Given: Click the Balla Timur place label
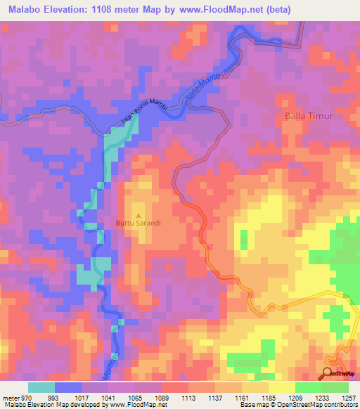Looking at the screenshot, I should point(308,115).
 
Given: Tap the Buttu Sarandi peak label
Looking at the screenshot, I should point(139,223).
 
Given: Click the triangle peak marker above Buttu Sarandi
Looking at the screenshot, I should point(138,215).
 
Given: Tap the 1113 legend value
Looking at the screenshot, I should point(189,397).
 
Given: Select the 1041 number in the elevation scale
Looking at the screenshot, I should point(109,397).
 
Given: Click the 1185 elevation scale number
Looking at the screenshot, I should point(269,397).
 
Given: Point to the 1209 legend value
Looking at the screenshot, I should point(295,397).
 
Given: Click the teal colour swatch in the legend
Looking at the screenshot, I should point(41,387).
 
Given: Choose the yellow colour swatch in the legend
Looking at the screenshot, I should point(281,387).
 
